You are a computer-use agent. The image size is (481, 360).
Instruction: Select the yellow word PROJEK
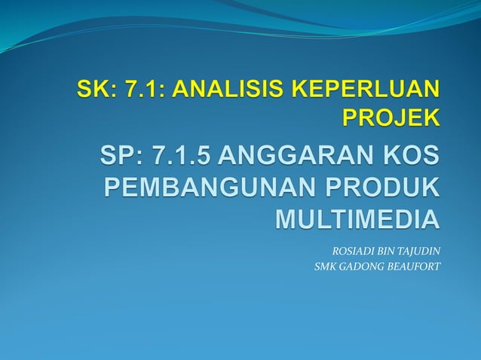point(390,118)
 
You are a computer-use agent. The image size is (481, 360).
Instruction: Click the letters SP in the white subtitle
point(117,158)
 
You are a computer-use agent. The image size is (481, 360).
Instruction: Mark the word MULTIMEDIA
point(356,218)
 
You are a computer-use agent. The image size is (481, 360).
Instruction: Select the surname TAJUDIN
point(418,250)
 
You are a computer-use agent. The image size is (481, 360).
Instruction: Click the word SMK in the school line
point(326,265)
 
